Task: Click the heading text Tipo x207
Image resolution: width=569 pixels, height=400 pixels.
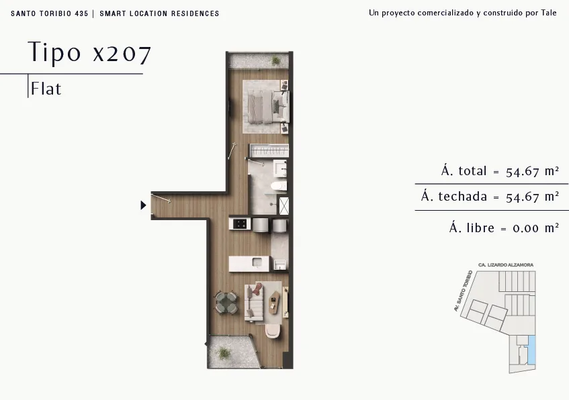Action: click(89, 52)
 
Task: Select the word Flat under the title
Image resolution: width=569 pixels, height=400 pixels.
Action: click(46, 89)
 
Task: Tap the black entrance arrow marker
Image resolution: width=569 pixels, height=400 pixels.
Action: click(143, 205)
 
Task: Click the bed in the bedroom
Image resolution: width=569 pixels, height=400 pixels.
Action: click(269, 106)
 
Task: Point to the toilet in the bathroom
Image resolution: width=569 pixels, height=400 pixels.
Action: click(279, 187)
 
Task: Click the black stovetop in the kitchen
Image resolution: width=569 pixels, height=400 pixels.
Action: click(240, 223)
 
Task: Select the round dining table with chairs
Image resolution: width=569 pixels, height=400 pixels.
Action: click(227, 303)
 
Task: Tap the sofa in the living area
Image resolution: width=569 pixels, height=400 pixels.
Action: click(254, 303)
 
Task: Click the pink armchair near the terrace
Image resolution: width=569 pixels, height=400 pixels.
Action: click(272, 331)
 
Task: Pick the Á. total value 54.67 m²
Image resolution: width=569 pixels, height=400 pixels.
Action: click(532, 171)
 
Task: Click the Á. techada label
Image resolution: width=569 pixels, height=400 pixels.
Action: click(454, 196)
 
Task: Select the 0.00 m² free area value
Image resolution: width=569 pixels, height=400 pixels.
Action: click(535, 228)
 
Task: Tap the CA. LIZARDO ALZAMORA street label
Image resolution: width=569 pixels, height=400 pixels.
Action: click(506, 265)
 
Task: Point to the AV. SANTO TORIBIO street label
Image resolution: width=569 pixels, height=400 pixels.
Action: click(463, 291)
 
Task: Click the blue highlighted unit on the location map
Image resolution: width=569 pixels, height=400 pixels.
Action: click(531, 350)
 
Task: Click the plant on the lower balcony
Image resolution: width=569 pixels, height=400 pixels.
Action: click(224, 353)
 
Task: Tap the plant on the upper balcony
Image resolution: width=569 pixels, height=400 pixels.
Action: click(276, 60)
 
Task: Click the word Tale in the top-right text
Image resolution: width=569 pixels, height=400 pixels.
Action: click(549, 13)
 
